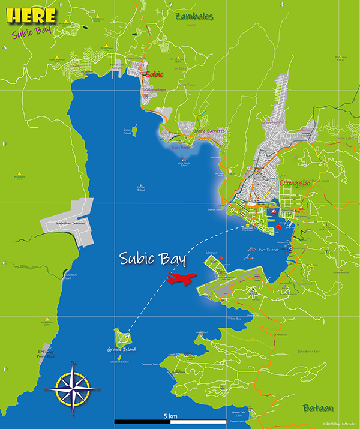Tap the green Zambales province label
[194, 17]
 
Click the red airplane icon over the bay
[182, 278]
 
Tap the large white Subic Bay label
[151, 259]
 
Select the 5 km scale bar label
[169, 415]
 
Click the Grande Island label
[121, 349]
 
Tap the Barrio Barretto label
[209, 130]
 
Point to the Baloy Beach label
[180, 146]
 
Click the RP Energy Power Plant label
[46, 353]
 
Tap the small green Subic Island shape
[134, 129]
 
